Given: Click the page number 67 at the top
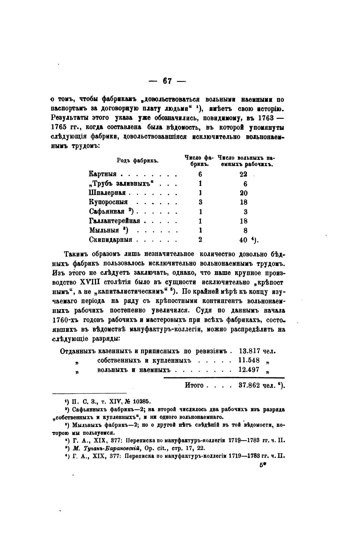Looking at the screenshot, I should [x=167, y=81].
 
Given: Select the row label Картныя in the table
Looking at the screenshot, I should [x=103, y=174].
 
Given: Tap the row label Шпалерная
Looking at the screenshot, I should [x=107, y=193].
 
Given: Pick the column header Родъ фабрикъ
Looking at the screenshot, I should [x=138, y=161].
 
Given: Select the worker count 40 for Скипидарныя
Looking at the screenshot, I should [x=243, y=240].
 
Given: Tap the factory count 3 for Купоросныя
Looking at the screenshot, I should [x=201, y=202].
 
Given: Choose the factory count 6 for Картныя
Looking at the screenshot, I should [x=201, y=174].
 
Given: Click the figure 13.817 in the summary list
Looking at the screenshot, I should [x=249, y=351].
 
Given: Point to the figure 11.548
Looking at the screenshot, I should [x=249, y=360].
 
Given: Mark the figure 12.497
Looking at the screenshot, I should [x=249, y=370].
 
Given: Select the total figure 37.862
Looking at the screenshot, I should [x=249, y=386].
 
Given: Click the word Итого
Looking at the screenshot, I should [x=194, y=386].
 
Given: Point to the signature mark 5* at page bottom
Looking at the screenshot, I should [x=263, y=465].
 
